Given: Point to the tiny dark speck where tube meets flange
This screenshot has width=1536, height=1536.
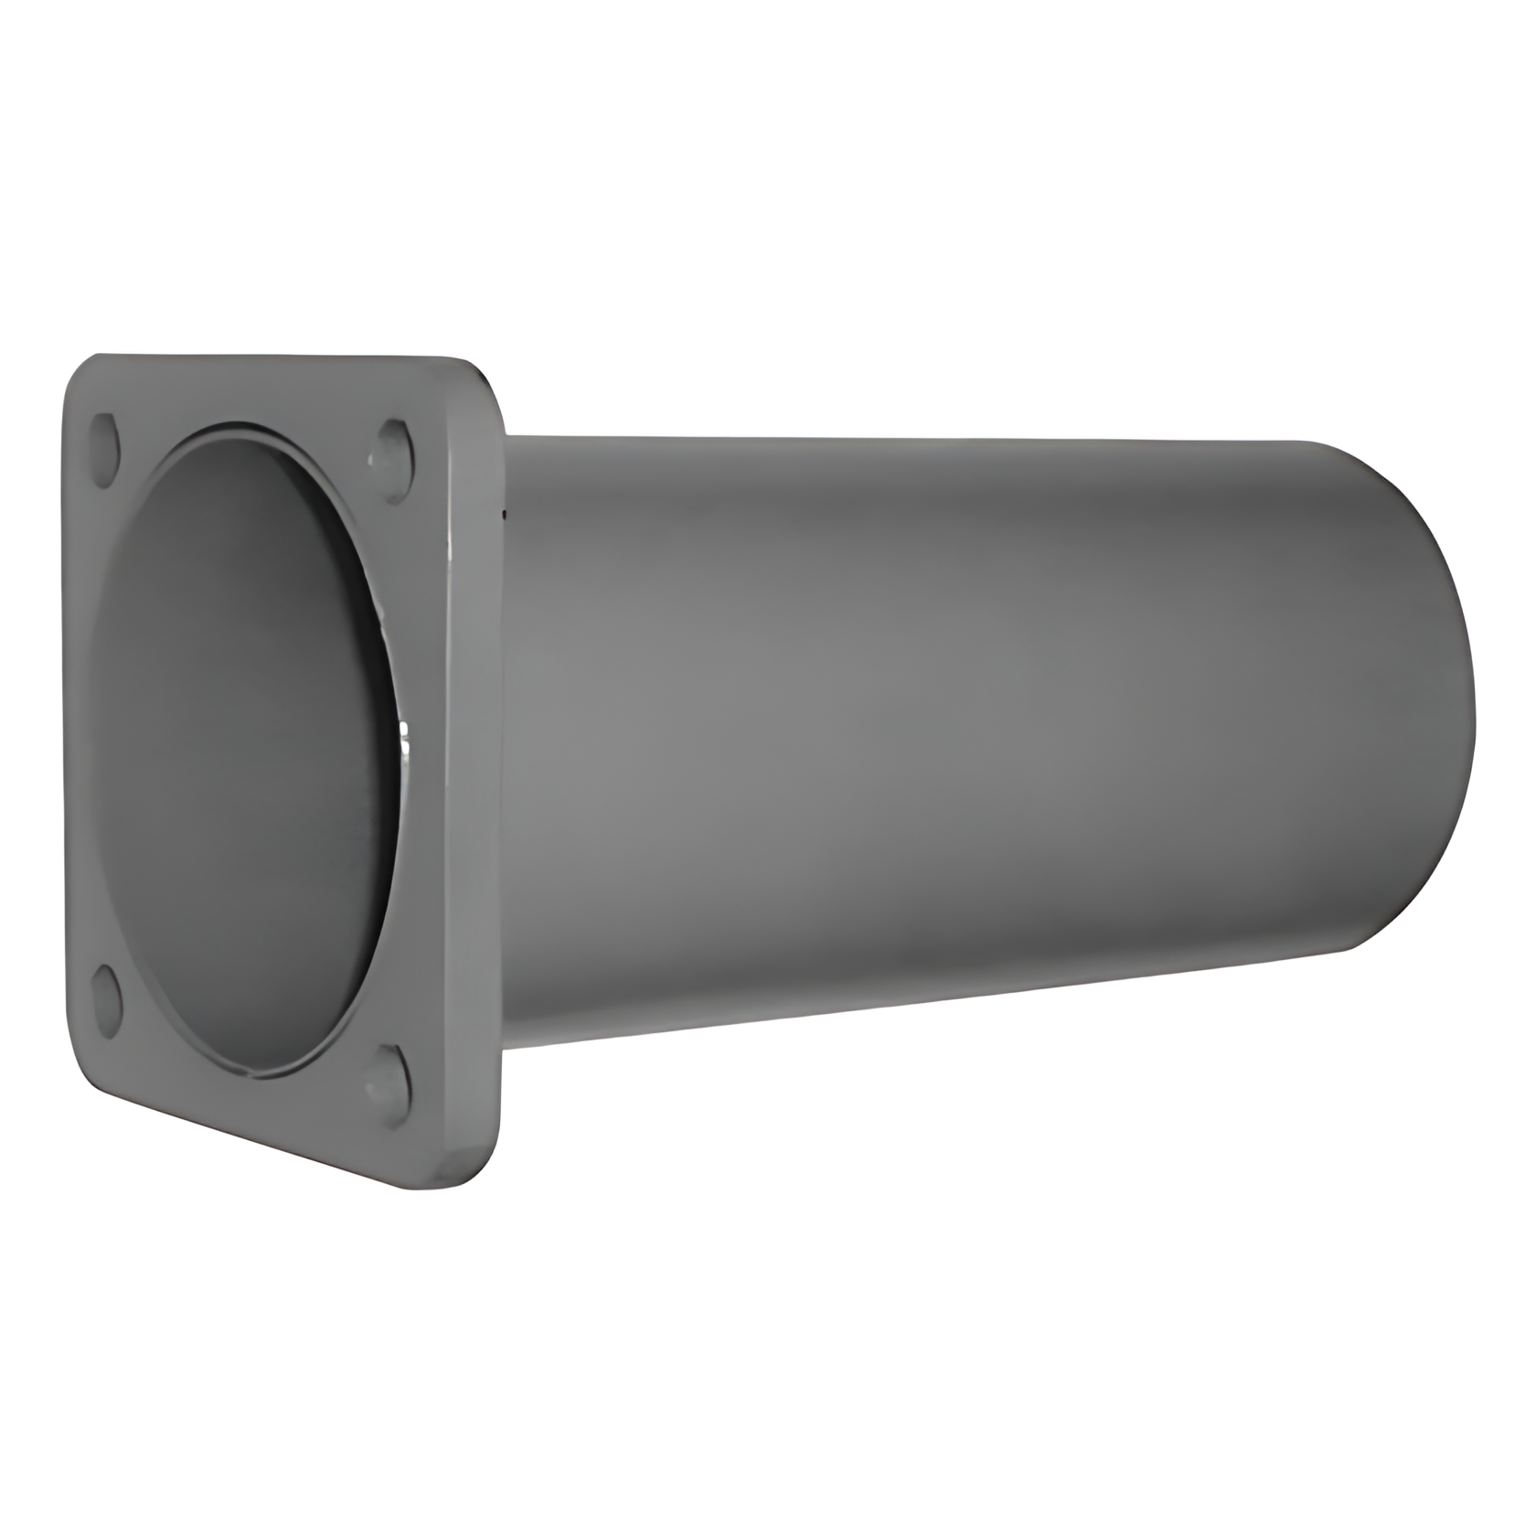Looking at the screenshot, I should coord(502,517).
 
